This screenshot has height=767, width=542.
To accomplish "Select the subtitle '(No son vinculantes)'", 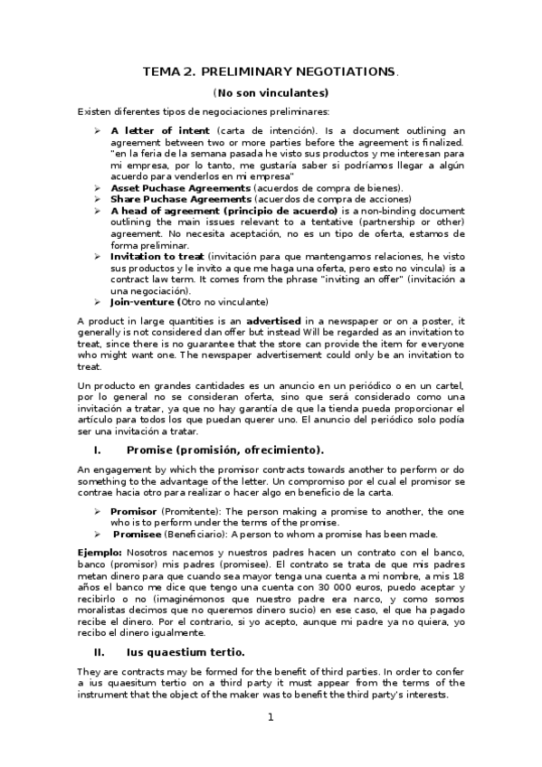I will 271,92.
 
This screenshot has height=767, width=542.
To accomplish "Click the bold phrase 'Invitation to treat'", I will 157,257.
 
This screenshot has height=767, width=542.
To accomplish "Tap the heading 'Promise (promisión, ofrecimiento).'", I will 225,450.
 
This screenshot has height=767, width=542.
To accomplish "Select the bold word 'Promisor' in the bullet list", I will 134,511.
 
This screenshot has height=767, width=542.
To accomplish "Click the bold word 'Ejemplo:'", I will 100,552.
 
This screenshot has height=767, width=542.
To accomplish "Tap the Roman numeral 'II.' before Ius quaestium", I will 100,651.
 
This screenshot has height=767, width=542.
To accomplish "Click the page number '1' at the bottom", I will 270,718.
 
